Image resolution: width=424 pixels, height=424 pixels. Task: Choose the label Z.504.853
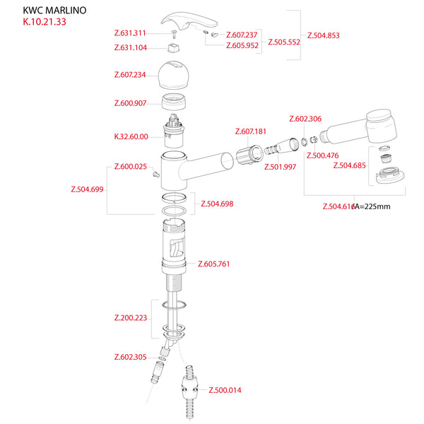324,35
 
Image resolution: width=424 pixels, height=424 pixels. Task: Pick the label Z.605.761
213,264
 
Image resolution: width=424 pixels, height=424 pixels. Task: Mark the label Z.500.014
224,389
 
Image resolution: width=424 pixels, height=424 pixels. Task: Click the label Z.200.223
130,317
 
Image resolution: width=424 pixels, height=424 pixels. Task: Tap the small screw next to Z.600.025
155,177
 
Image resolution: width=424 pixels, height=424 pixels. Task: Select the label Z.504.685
348,166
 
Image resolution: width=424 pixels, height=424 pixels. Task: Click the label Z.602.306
305,119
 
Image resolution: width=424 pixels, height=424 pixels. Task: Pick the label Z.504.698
216,204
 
